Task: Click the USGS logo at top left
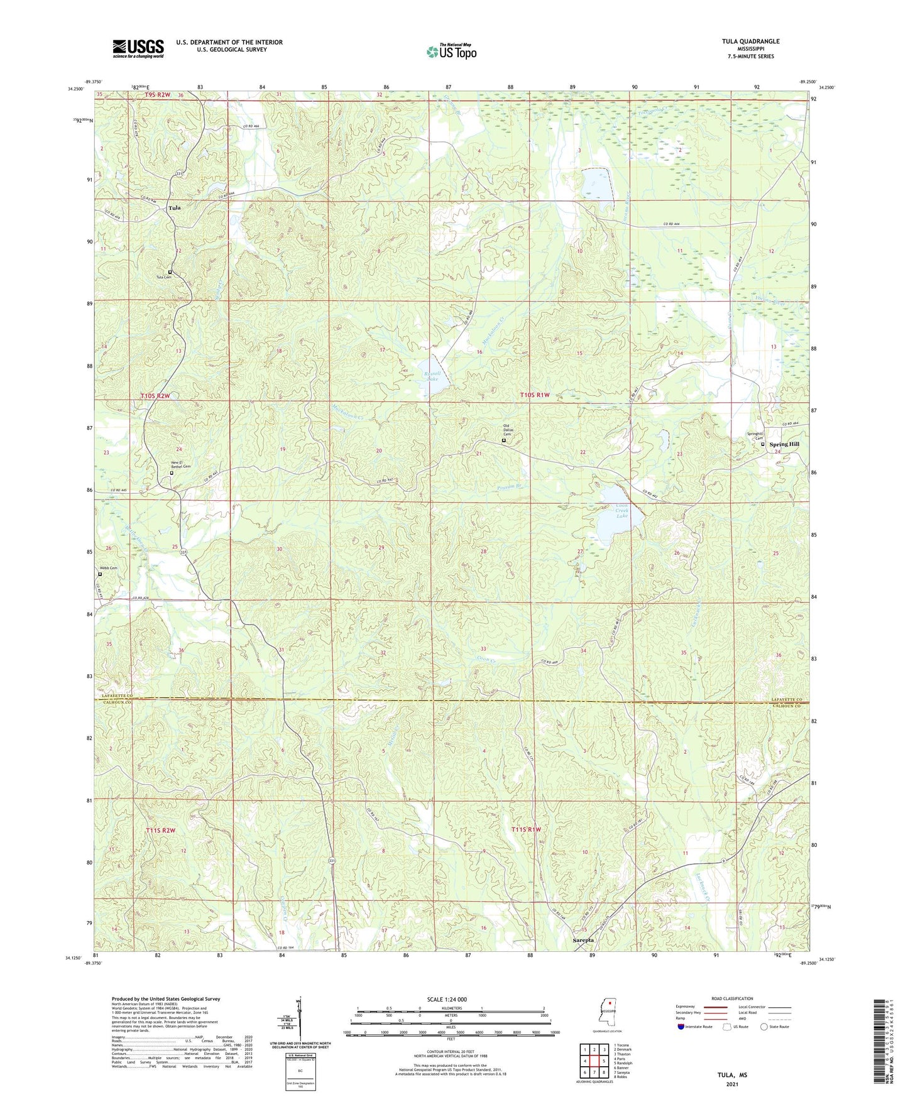point(138,48)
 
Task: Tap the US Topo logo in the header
point(451,52)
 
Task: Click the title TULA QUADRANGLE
point(750,41)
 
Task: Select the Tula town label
point(174,208)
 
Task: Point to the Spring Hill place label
point(784,444)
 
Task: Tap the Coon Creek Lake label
point(621,510)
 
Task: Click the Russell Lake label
point(432,376)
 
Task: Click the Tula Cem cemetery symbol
point(170,272)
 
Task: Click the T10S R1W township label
point(535,395)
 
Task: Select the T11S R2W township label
point(160,830)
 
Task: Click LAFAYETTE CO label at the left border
point(118,696)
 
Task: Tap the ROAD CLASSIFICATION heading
point(732,998)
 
